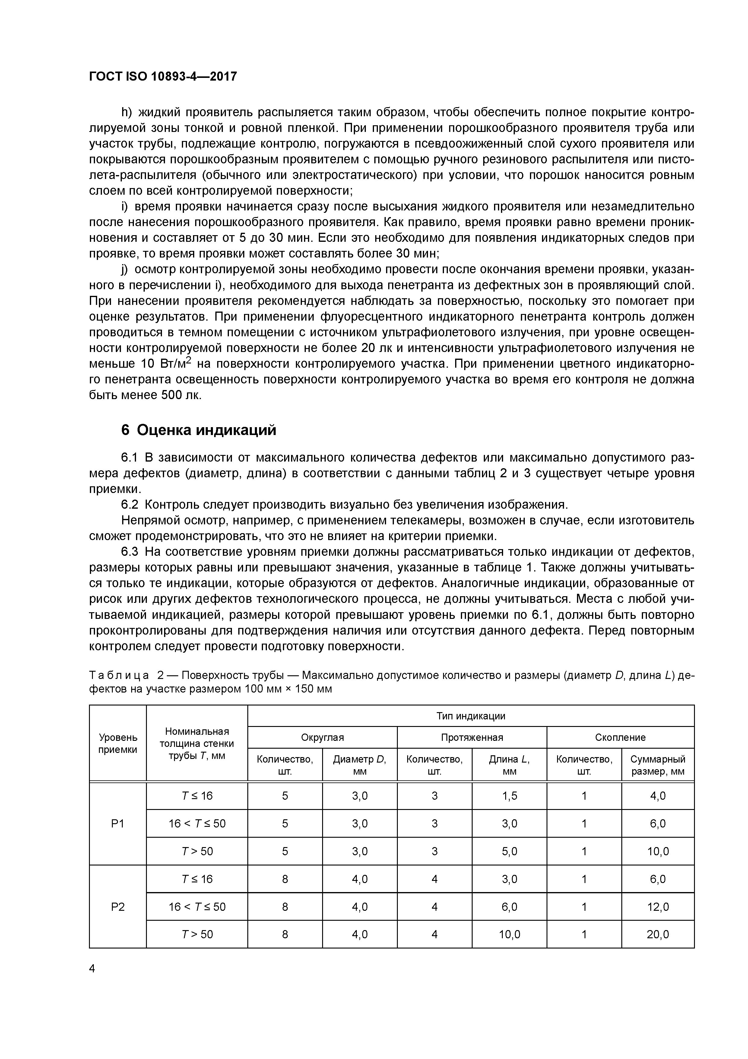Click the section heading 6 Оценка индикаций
[x=199, y=430]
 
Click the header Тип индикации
[x=471, y=716]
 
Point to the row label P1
[x=118, y=823]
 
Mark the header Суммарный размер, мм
[x=658, y=765]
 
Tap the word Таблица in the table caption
[x=119, y=675]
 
